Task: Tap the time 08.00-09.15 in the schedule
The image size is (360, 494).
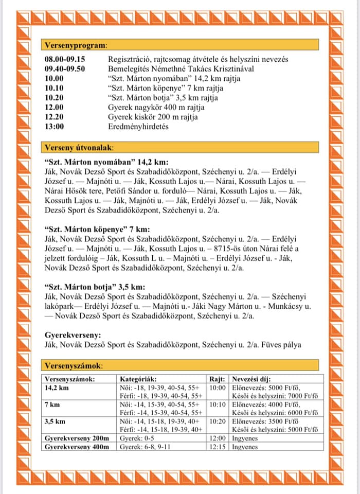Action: click(64, 60)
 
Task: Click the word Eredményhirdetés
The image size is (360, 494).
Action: click(138, 126)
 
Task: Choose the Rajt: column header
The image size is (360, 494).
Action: click(217, 379)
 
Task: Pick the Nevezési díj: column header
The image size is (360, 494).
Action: click(255, 379)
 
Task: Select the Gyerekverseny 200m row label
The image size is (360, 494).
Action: click(77, 438)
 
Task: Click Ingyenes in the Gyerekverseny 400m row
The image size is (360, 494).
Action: click(244, 447)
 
